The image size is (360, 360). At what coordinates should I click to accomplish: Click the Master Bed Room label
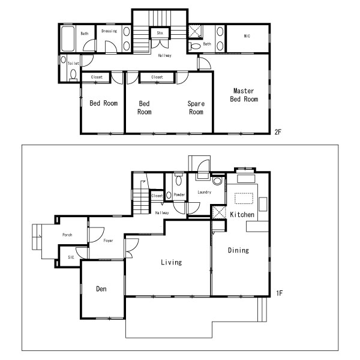tap(244, 95)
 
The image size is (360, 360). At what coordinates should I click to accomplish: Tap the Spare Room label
tap(196, 107)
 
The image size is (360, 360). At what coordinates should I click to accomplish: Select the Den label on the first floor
tap(101, 289)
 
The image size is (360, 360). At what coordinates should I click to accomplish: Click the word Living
tap(171, 262)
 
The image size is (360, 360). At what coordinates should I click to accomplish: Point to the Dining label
tap(238, 250)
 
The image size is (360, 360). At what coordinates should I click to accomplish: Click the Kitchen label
tap(242, 214)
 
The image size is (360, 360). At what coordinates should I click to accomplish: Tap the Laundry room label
tap(205, 192)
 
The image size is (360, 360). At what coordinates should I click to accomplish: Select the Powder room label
tap(179, 194)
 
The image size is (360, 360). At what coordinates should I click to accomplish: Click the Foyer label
tap(108, 241)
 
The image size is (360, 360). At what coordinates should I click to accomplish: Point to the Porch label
tap(67, 235)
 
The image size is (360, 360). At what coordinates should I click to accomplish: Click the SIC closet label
tap(71, 257)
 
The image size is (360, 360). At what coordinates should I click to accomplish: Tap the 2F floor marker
tap(278, 132)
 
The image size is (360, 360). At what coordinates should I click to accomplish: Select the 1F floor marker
tap(279, 293)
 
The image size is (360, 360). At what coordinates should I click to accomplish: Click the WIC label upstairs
tap(247, 36)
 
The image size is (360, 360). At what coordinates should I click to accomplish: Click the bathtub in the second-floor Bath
tap(68, 38)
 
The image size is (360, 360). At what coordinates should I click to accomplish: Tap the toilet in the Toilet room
tap(73, 76)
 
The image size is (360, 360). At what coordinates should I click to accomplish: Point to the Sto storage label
tap(160, 33)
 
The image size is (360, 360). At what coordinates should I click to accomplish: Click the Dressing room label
tap(109, 31)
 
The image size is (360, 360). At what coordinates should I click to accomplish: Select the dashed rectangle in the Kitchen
tap(244, 199)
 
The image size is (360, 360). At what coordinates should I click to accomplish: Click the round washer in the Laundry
tap(217, 181)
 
